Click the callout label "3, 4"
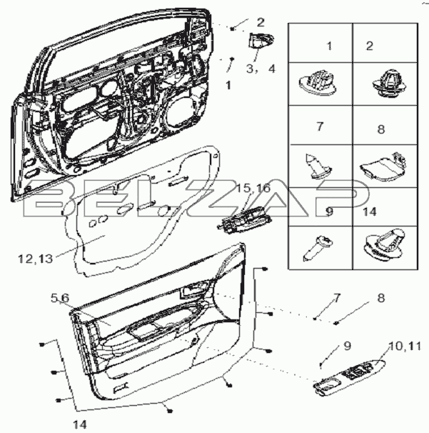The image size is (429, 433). click(261, 69)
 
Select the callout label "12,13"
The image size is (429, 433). click(35, 259)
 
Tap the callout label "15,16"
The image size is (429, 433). click(254, 188)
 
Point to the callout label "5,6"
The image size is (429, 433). click(60, 298)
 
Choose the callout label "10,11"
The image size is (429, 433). click(405, 346)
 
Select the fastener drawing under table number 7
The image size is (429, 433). click(318, 166)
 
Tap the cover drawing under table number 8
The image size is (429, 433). click(384, 166)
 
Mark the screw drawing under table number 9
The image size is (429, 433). click(318, 247)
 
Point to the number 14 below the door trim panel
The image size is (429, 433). click(80, 424)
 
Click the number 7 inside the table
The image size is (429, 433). click(320, 126)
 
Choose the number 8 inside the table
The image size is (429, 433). click(381, 129)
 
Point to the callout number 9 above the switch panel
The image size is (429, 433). click(347, 346)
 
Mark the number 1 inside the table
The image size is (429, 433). click(329, 46)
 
